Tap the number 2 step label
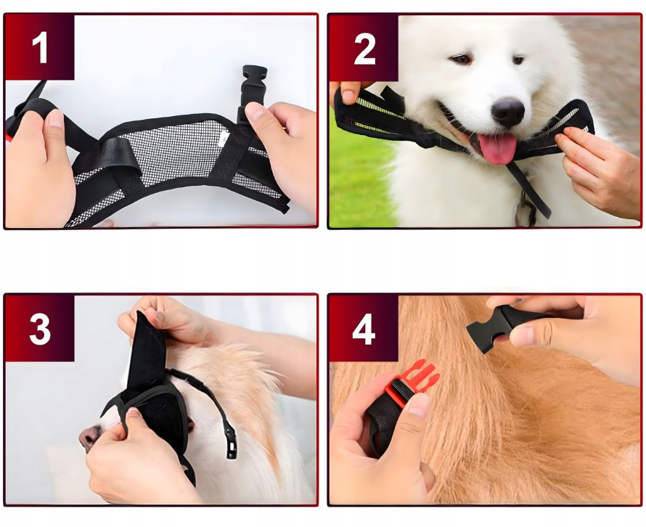[364, 49]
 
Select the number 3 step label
[40, 330]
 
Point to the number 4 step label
[364, 330]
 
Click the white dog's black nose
[508, 111]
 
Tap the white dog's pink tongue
[498, 148]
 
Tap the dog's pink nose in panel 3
[88, 437]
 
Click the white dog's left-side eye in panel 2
[462, 59]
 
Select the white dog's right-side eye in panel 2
[518, 60]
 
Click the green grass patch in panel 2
[358, 173]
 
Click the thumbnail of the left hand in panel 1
[54, 120]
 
